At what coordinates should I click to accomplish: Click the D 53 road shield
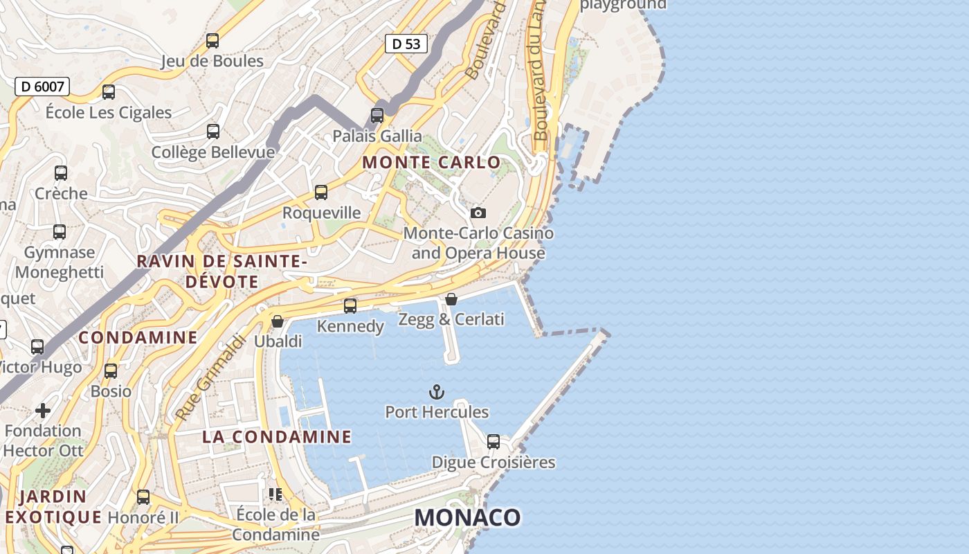pos(406,44)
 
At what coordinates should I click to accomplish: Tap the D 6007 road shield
pos(42,87)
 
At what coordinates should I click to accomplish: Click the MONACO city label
pos(467,517)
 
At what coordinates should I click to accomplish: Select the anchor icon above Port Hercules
pos(436,392)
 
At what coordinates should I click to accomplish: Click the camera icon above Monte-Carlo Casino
pos(478,213)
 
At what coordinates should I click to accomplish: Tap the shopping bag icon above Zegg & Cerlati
pos(451,299)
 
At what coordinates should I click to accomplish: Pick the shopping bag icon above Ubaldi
pos(278,321)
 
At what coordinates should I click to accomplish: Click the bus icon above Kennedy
pos(350,305)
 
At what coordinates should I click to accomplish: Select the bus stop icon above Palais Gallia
pos(377,115)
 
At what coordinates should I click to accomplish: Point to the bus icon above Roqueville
pos(321,193)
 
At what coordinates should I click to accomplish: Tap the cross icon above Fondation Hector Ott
pos(43,411)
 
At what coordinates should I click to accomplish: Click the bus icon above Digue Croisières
pos(493,441)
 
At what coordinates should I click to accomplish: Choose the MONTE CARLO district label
pos(431,163)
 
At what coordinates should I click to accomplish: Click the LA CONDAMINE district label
pos(277,437)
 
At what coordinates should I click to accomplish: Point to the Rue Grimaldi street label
pos(210,378)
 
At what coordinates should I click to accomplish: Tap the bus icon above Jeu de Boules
pos(212,41)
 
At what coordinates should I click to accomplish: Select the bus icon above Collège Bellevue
pos(213,132)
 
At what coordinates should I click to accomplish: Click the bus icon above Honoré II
pos(143,497)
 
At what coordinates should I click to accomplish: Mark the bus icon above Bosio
pos(111,371)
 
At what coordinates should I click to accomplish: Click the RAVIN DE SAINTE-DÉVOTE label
pos(222,271)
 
